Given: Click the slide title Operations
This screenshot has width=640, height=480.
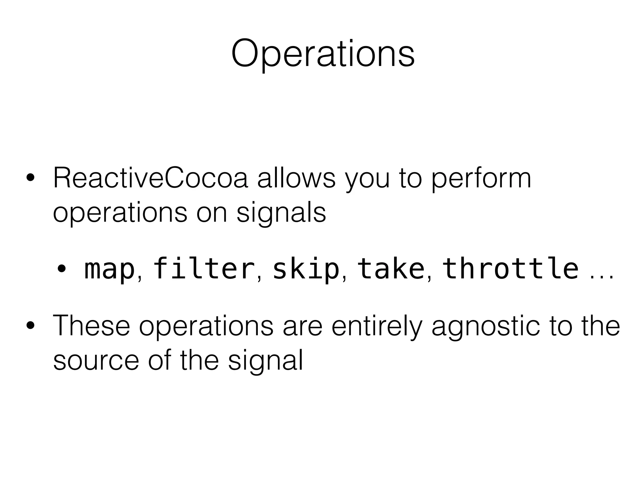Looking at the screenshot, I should click(x=323, y=54).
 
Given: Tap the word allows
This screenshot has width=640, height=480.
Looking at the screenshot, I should click(x=296, y=179).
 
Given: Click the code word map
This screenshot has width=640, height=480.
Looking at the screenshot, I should click(x=109, y=269).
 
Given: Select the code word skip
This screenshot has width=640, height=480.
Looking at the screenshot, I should click(x=305, y=269).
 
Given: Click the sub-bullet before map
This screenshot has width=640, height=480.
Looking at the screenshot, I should click(x=61, y=269).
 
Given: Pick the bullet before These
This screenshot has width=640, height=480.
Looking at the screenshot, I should click(x=30, y=326).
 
